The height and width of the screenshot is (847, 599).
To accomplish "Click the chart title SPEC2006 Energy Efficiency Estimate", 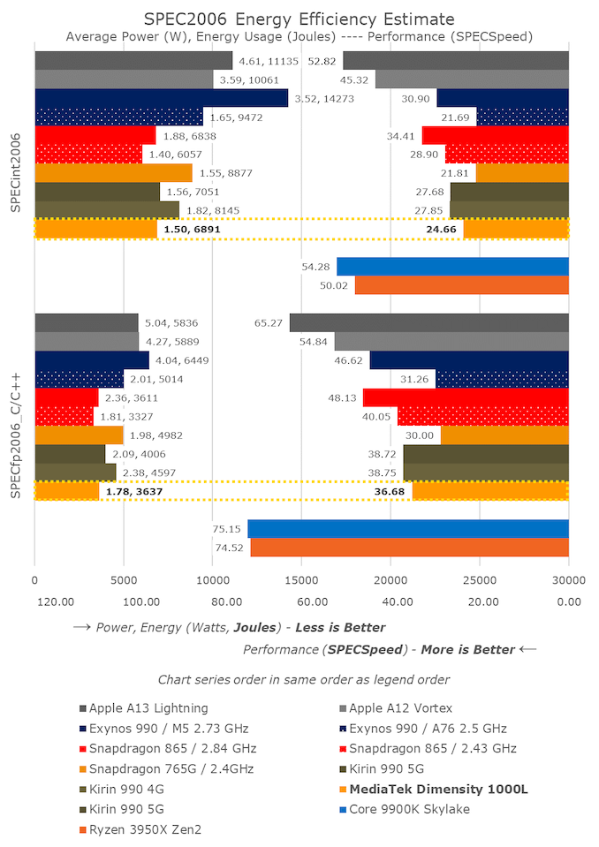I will click(x=299, y=19).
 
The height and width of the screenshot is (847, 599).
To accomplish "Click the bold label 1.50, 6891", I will click(x=190, y=229).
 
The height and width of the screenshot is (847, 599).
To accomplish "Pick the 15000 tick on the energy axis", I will click(x=301, y=581).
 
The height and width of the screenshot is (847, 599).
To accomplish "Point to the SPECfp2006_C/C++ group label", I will click(x=16, y=407).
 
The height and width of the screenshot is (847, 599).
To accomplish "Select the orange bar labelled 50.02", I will click(x=461, y=285).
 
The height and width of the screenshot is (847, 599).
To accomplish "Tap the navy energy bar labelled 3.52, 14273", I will click(x=162, y=98).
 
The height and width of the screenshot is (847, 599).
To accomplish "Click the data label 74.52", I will click(x=228, y=548).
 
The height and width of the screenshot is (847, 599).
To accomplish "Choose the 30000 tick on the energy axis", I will click(x=568, y=581).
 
